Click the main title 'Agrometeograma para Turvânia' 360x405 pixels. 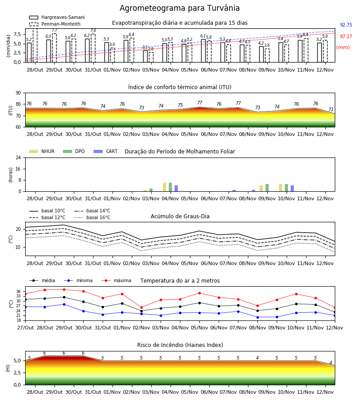180,8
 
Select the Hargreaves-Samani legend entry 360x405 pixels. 57,17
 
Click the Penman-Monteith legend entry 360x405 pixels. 55,24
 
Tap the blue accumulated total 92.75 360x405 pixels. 346,25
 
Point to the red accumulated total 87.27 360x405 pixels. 346,37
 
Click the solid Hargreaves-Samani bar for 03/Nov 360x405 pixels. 145,56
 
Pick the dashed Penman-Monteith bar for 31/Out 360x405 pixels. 93,48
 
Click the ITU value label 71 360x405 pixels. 331,109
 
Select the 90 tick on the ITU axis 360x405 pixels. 18,93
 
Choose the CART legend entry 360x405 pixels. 106,151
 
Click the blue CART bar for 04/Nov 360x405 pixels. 176,188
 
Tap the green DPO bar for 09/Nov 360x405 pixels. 267,188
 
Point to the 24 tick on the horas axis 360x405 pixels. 18,157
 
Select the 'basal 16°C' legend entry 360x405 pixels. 92,217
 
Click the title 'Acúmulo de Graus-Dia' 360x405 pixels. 180,216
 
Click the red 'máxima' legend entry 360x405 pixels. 116,280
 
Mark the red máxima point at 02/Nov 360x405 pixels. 141,308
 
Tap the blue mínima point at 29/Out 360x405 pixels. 64,304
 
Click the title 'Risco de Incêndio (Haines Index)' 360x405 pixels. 180,345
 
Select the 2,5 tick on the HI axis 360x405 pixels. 18,373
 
